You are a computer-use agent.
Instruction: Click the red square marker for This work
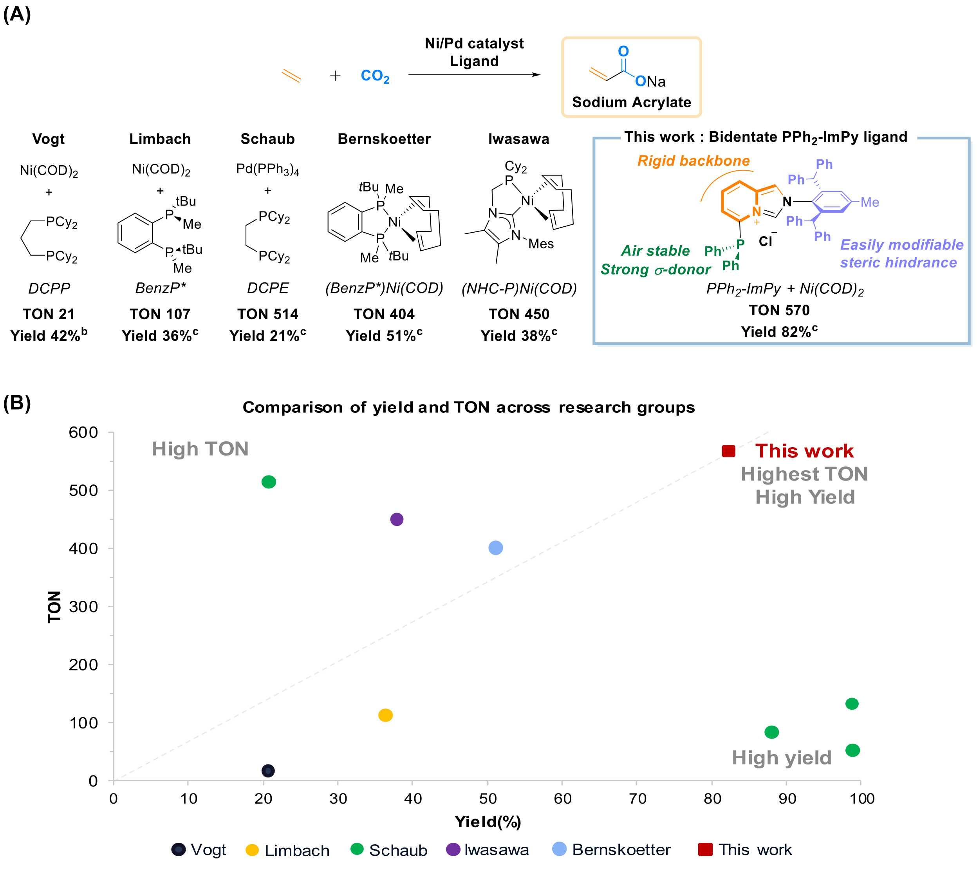pos(728,451)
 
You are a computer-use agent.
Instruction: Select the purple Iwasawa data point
pos(397,519)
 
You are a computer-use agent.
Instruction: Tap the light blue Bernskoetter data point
pos(496,548)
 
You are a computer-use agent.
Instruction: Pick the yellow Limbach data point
pos(385,716)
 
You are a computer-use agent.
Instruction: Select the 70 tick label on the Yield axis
pos(637,798)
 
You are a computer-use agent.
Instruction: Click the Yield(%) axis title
pos(488,822)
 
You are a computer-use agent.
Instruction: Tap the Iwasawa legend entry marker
pos(453,849)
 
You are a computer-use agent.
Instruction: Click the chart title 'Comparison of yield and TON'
pos(468,407)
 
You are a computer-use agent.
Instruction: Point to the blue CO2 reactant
pos(375,76)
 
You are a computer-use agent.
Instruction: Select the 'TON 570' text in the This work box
pos(779,310)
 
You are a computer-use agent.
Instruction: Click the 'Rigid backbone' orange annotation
pos(693,161)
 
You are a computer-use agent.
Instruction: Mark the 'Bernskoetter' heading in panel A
pos(384,139)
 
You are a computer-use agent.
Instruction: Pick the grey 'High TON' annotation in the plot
pos(200,449)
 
